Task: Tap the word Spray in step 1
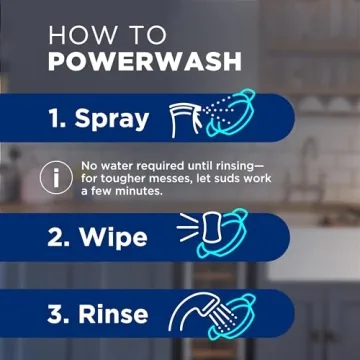tap(112, 120)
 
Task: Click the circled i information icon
tap(53, 176)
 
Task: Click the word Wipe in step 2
tap(112, 239)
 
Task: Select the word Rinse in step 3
tap(115, 315)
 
